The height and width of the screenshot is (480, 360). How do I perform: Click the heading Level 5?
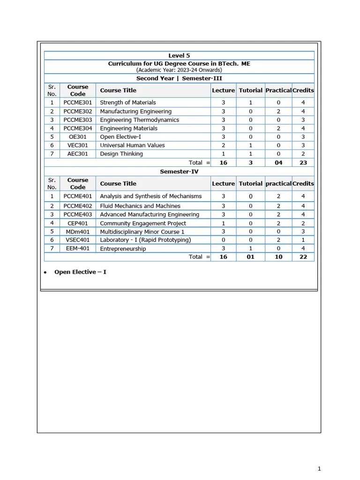click(x=179, y=56)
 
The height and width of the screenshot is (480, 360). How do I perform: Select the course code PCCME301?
click(x=78, y=103)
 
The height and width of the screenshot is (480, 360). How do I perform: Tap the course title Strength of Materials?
click(x=128, y=103)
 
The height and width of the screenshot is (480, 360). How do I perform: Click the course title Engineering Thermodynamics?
click(x=140, y=120)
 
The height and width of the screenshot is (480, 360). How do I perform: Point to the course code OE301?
click(x=78, y=137)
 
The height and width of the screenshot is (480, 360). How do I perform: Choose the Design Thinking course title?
click(x=121, y=154)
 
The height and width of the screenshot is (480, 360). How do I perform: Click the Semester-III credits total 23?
click(x=303, y=163)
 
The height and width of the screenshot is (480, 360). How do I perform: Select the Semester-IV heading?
click(x=179, y=172)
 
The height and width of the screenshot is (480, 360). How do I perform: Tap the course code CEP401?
click(x=78, y=224)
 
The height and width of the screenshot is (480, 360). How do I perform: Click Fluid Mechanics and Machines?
click(x=140, y=206)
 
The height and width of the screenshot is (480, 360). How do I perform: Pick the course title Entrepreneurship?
click(x=123, y=249)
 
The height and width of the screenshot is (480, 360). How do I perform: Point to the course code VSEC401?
click(x=78, y=240)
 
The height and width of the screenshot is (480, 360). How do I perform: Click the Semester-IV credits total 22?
click(x=303, y=257)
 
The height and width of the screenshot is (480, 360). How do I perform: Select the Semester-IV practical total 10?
click(x=278, y=257)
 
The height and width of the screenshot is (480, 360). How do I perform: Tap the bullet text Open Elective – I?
click(x=80, y=272)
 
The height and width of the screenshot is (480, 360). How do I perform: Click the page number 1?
click(x=319, y=468)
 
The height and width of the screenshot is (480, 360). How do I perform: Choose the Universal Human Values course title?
click(x=133, y=145)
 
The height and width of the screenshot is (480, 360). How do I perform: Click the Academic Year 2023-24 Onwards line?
click(x=179, y=70)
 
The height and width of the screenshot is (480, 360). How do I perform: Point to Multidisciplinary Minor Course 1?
click(x=142, y=232)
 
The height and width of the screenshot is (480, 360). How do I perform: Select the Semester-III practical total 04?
click(x=278, y=163)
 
